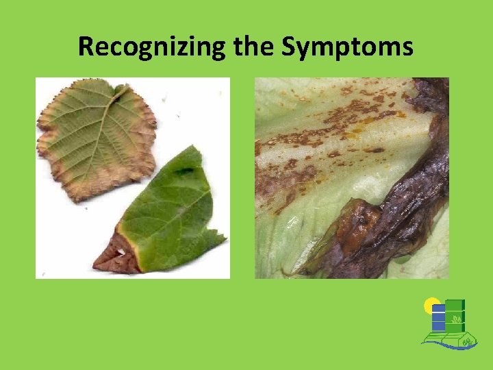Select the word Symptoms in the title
(x=348, y=47)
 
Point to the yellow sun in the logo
(x=431, y=305)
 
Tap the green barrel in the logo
(x=455, y=316)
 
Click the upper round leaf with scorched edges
(x=96, y=137)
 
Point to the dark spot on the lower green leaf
(x=183, y=171)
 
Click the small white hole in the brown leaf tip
(x=121, y=253)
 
